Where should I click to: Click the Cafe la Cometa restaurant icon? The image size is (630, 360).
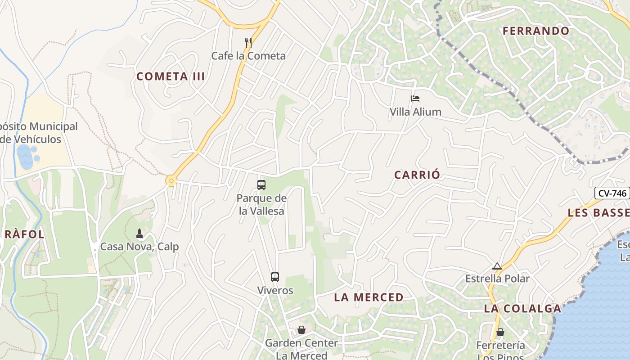click(x=248, y=43)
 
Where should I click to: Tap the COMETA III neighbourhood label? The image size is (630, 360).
click(x=171, y=76)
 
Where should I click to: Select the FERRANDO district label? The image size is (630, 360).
click(x=536, y=31)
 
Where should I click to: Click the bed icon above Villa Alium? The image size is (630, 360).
click(x=415, y=99)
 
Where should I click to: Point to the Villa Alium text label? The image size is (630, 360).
click(x=415, y=112)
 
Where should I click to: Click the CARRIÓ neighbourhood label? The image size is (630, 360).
click(x=417, y=175)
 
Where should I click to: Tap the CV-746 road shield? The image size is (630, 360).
click(x=612, y=193)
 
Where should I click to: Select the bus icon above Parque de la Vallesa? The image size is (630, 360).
click(x=261, y=184)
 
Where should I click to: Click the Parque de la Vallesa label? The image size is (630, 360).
click(x=261, y=204)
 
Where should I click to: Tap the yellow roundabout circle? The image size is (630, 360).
click(x=171, y=181)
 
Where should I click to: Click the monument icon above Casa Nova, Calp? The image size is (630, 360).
click(x=139, y=234)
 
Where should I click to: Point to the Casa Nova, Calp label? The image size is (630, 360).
click(x=139, y=247)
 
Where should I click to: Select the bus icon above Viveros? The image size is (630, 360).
click(x=275, y=277)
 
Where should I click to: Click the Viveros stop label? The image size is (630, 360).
click(x=275, y=290)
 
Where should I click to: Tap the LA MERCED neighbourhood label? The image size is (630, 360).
click(x=369, y=297)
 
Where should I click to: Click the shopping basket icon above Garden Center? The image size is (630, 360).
click(x=301, y=330)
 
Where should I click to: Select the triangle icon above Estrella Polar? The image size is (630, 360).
click(x=497, y=266)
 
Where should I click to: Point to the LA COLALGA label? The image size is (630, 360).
click(x=522, y=309)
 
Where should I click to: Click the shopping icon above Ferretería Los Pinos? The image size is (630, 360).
click(x=500, y=333)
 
